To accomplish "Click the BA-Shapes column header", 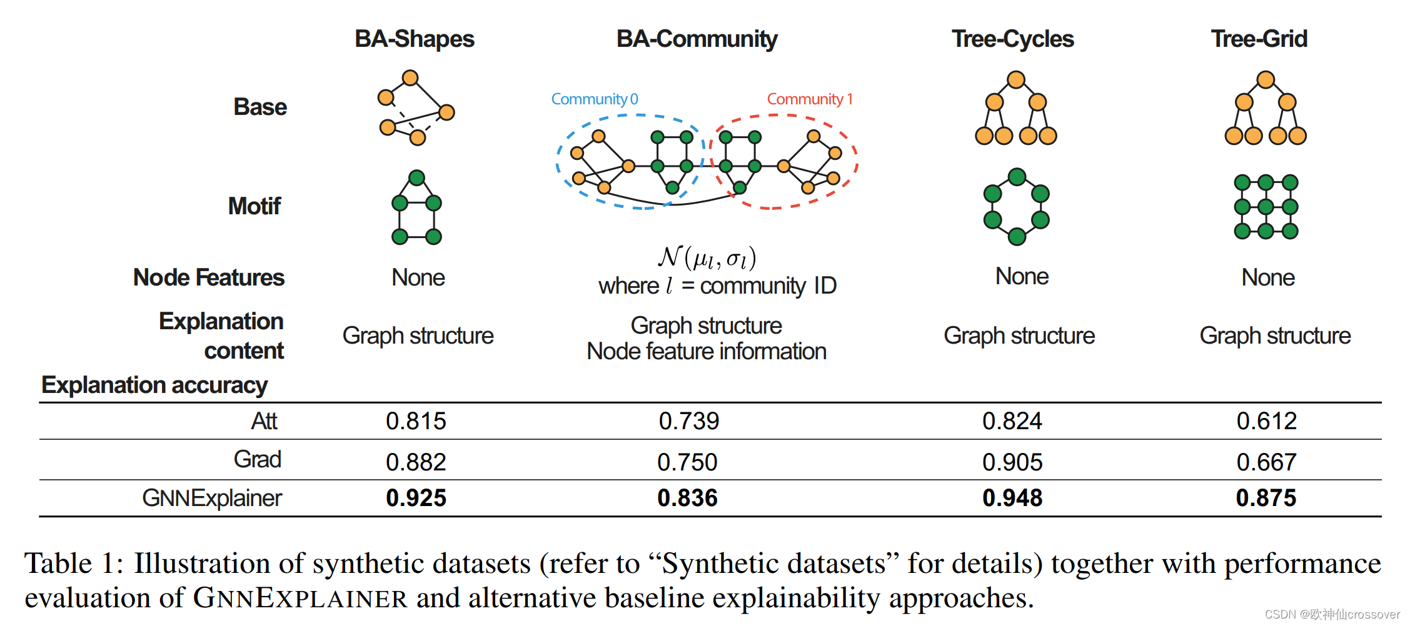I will click(415, 39).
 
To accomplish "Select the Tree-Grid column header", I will click(1259, 39).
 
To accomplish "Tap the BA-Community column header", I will click(697, 39).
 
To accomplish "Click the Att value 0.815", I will click(416, 421).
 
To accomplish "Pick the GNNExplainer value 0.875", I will click(1266, 498).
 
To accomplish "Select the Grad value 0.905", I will click(1012, 462).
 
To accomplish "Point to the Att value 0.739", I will click(689, 421).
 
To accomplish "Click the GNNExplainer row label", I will click(212, 498).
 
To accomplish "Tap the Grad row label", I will click(257, 459).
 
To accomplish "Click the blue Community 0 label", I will click(594, 99).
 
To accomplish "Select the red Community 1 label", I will click(809, 99).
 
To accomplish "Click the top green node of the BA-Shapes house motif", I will click(417, 178).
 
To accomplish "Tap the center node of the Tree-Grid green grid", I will click(1266, 207).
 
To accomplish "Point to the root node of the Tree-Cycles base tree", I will click(1016, 80).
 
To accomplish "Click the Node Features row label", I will click(209, 277).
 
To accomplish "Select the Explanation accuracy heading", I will click(154, 385).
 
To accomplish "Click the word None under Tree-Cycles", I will click(1022, 276).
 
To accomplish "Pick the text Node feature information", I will click(707, 352).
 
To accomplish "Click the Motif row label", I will click(254, 206).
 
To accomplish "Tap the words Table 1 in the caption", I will click(73, 564).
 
